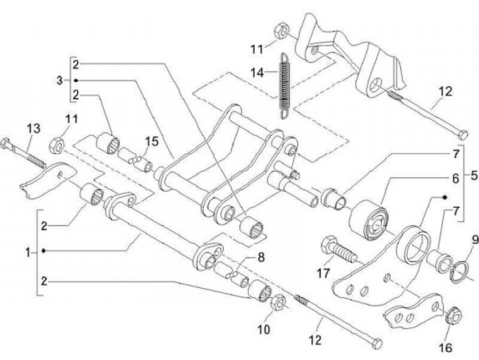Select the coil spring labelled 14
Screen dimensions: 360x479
pyautogui.click(x=285, y=85)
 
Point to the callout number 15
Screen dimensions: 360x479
pyautogui.click(x=152, y=141)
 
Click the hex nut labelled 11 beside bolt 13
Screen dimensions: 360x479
pyautogui.click(x=58, y=142)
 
